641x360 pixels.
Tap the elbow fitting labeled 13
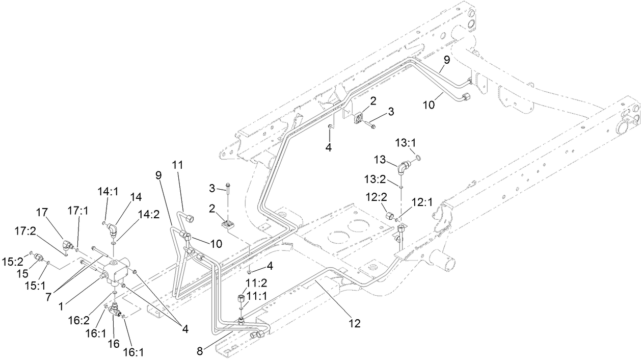pos(404,166)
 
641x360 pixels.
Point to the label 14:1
pos(108,192)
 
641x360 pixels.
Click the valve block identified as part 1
pos(118,273)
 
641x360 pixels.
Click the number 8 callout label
pos(200,351)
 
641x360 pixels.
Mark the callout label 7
pos(48,297)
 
